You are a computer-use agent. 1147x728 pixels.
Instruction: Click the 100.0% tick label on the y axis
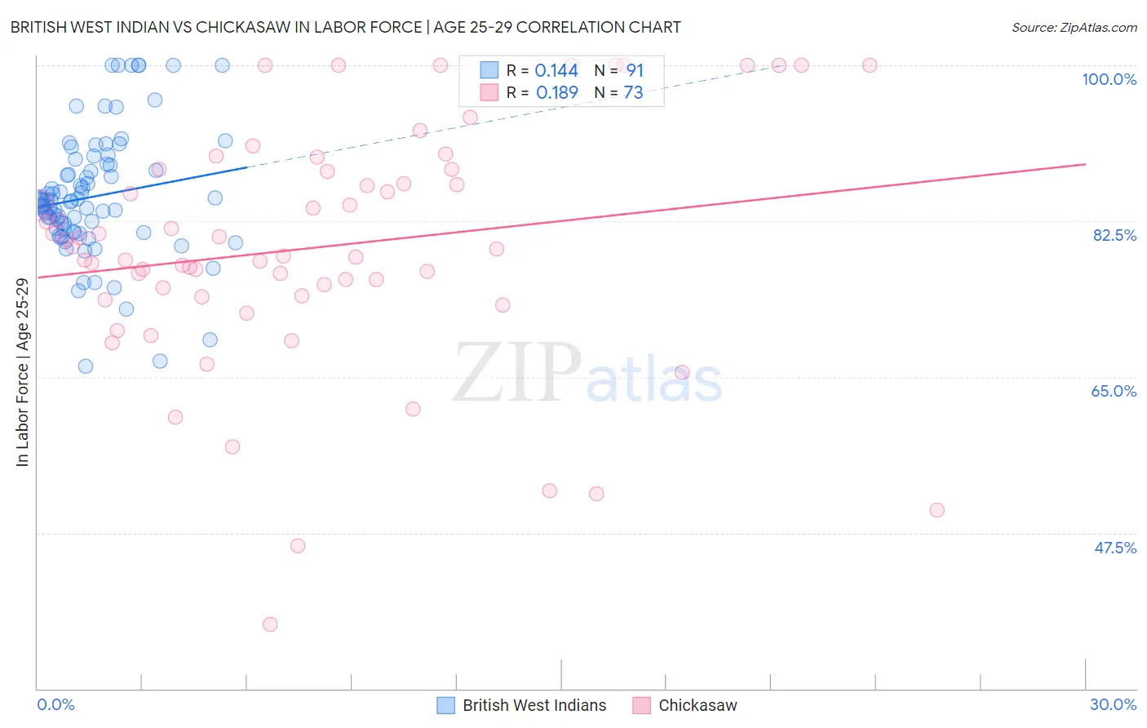point(1109,79)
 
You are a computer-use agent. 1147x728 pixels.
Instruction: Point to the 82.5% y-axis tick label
point(1114,235)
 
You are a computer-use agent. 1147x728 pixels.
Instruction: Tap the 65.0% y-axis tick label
point(1114,391)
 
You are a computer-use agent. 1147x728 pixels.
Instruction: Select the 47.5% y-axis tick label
point(1115,548)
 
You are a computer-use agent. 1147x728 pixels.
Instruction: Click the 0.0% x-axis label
point(55,704)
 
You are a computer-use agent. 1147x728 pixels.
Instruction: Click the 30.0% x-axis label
point(1113,704)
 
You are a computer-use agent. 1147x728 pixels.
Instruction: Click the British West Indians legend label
point(534,705)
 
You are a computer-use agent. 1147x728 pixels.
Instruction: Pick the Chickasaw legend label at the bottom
point(697,705)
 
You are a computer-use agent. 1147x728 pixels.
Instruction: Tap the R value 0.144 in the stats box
point(556,70)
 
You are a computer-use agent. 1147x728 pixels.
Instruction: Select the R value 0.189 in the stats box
point(557,92)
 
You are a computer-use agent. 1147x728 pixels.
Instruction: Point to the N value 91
point(635,70)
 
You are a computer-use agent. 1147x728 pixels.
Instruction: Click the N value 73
point(633,92)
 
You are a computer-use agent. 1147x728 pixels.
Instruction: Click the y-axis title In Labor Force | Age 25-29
point(22,372)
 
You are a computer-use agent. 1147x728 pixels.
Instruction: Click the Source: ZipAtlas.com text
point(1074,27)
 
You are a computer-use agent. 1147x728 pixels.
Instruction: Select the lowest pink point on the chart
point(270,624)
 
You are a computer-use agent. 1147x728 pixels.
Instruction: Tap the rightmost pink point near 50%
point(937,510)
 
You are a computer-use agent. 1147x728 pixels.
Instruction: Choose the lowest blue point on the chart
point(86,366)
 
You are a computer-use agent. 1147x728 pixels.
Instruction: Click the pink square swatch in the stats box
point(489,92)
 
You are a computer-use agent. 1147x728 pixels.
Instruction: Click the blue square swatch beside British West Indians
point(445,705)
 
